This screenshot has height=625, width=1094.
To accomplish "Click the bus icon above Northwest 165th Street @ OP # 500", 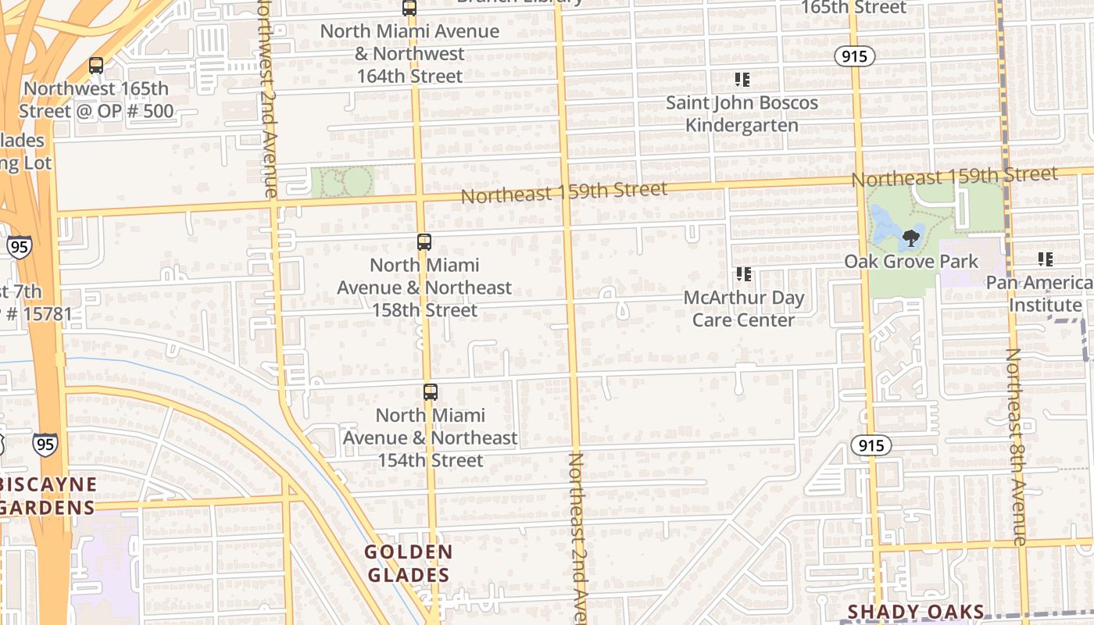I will (x=96, y=66).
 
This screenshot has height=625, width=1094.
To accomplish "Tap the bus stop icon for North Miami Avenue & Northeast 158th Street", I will (x=424, y=242).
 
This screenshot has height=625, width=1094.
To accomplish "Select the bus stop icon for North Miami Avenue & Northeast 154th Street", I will (x=430, y=392).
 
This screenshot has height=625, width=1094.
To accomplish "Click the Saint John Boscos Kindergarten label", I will (x=742, y=114).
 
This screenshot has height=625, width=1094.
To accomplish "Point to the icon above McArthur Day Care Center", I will (x=743, y=274).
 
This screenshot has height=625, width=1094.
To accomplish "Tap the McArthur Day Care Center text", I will (x=743, y=309).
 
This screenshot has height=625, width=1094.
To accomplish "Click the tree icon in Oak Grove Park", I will (x=910, y=238).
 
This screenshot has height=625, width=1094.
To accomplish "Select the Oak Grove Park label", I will (x=911, y=261).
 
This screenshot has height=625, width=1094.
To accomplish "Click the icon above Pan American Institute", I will (x=1045, y=259).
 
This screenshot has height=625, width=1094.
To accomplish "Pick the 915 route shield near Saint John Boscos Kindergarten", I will (x=853, y=56).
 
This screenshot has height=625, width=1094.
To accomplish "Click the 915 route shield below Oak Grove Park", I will (x=871, y=445).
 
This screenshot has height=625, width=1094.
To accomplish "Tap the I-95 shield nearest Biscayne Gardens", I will (x=45, y=445).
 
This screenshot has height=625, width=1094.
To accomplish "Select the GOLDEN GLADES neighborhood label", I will (x=409, y=563).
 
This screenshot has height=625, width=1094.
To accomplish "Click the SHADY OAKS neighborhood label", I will (x=915, y=612).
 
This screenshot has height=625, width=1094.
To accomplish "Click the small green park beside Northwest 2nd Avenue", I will (x=342, y=182).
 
